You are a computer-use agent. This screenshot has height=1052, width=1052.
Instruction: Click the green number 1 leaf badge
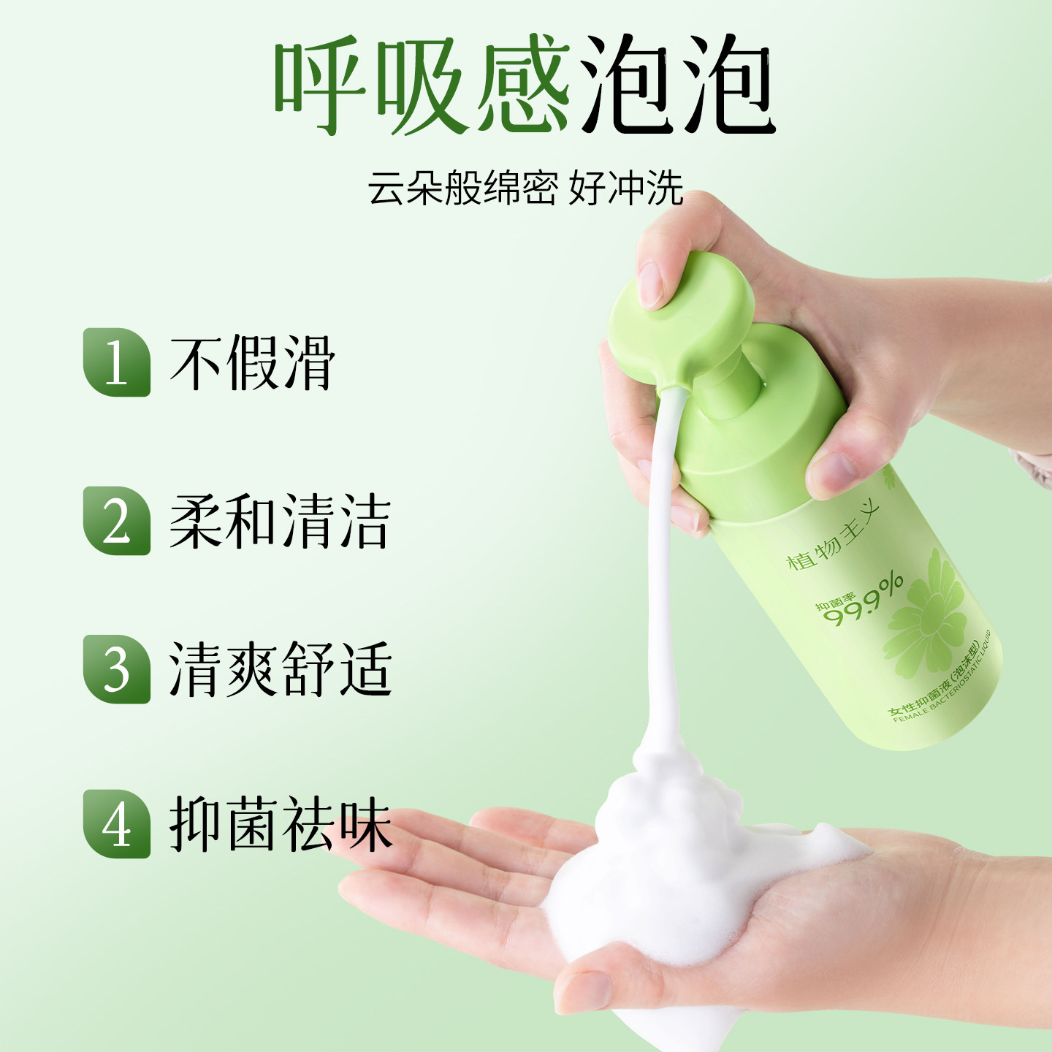pos(116,362)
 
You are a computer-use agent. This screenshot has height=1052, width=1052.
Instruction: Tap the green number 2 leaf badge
pos(116,521)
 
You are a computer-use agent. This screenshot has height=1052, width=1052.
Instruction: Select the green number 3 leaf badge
pos(116,669)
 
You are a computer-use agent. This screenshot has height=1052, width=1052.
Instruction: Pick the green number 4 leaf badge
pos(116,824)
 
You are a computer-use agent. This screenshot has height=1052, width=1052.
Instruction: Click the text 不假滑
pos(252,362)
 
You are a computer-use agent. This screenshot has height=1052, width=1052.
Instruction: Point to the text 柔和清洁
pos(280,521)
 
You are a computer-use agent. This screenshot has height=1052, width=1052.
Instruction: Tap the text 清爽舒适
pos(280,669)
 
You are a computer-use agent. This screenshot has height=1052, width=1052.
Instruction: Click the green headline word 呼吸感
pos(422,86)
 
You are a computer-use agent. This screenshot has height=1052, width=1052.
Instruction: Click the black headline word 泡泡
pos(676,86)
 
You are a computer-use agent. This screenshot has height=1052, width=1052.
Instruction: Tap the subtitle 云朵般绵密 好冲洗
pos(525,188)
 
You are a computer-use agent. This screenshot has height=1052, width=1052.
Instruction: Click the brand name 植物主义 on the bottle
pos(833,538)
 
